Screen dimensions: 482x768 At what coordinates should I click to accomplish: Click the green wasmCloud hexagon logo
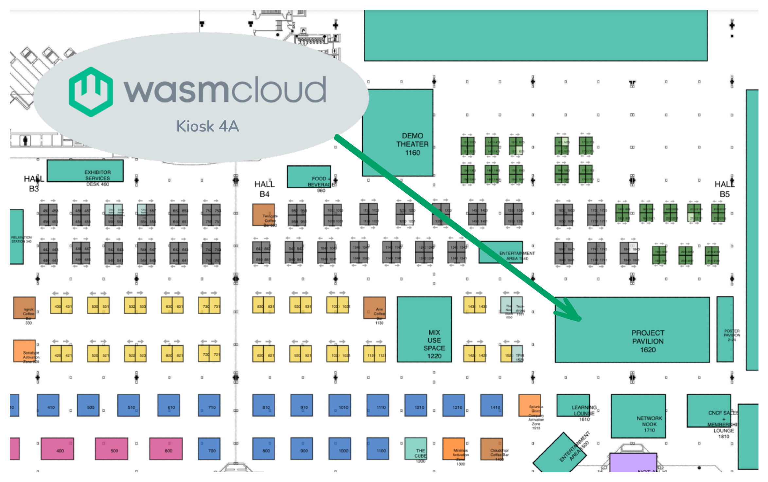tap(91, 92)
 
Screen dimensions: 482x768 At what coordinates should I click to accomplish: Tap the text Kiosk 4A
tap(208, 126)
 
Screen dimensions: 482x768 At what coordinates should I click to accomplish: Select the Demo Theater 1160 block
tap(398, 133)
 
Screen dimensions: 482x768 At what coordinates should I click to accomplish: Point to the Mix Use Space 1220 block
tap(424, 329)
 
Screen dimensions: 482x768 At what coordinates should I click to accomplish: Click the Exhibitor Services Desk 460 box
tap(85, 170)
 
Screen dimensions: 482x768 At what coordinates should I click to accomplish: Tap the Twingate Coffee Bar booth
tap(263, 215)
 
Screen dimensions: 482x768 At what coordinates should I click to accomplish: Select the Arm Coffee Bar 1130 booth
tap(374, 308)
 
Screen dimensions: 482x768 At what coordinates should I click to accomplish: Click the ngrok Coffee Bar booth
tap(24, 308)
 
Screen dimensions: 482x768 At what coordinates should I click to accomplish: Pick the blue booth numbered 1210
tap(415, 405)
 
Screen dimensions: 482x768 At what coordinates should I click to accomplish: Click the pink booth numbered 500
tap(111, 449)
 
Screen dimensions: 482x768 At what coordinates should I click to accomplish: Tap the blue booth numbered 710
tap(209, 405)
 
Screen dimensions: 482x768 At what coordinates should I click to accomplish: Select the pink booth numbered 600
tap(166, 449)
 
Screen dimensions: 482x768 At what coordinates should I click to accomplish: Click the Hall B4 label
tap(264, 189)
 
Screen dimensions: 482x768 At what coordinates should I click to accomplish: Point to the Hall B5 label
tap(724, 189)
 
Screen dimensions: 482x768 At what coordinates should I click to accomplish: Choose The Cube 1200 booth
tap(416, 449)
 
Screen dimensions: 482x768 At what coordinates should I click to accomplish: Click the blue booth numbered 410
tap(48, 405)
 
